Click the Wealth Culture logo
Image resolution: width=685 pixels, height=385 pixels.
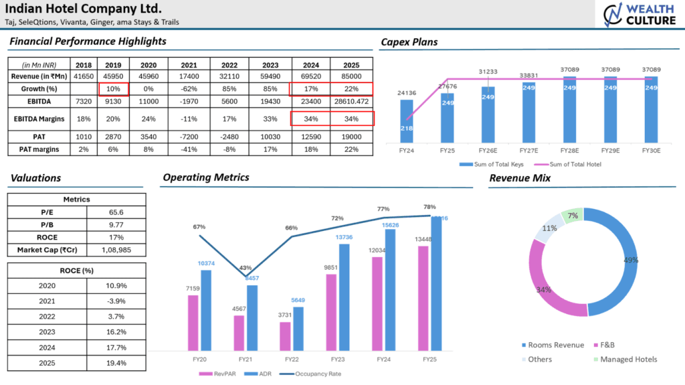pos(639,15)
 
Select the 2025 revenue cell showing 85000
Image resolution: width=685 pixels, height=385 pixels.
pos(351,77)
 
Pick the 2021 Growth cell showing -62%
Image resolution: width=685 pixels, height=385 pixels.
pos(188,89)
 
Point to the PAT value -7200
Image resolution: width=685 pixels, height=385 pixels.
pos(188,137)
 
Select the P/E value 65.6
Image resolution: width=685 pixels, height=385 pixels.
pos(117,212)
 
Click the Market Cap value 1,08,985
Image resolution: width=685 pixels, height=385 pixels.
pos(117,250)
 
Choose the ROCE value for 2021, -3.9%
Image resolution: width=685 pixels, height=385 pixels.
pos(117,301)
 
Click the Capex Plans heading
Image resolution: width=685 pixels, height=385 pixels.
pos(409,42)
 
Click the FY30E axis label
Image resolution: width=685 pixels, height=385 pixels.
pos(650,151)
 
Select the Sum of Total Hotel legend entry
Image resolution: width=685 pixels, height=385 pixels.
pos(562,164)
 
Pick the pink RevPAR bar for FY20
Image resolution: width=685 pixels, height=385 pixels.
pos(193,323)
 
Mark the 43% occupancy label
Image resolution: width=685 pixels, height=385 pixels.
pos(246,268)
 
